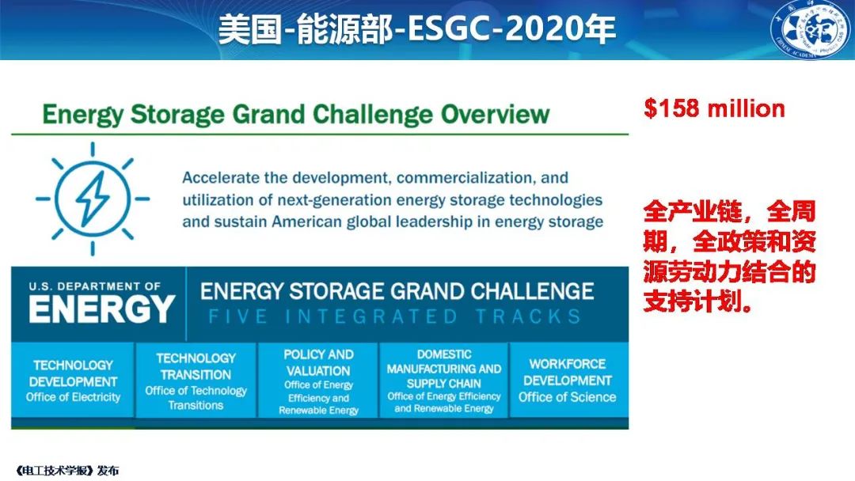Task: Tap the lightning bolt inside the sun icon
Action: (x=93, y=199)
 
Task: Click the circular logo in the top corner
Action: (x=812, y=29)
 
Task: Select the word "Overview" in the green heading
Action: (x=495, y=114)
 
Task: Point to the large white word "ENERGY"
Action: (x=102, y=309)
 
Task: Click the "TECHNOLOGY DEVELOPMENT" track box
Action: (x=73, y=381)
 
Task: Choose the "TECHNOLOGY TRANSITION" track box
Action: (x=196, y=381)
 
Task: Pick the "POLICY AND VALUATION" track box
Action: (x=318, y=381)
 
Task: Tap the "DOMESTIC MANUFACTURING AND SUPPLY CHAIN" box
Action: (x=444, y=381)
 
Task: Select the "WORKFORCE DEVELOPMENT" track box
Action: (x=568, y=381)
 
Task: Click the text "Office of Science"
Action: (x=567, y=397)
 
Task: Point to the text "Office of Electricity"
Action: (x=73, y=397)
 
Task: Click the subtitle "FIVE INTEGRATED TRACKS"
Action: (x=395, y=316)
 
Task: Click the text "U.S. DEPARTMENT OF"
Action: (x=95, y=286)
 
